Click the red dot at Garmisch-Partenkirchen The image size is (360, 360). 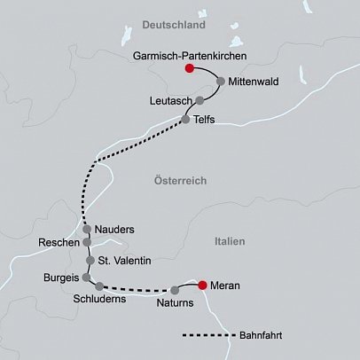pyautogui.click(x=188, y=67)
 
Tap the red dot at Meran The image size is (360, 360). pyautogui.click(x=203, y=285)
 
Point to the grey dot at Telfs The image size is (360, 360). pyautogui.click(x=185, y=119)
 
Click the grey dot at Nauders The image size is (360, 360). pyautogui.click(x=87, y=230)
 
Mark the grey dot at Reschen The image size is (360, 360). pyautogui.click(x=87, y=242)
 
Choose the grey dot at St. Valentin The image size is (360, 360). pyautogui.click(x=90, y=261)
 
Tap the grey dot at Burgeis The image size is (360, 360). pyautogui.click(x=86, y=277)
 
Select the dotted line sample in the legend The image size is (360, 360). pyautogui.click(x=207, y=336)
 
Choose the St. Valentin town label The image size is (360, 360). pyautogui.click(x=125, y=261)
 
